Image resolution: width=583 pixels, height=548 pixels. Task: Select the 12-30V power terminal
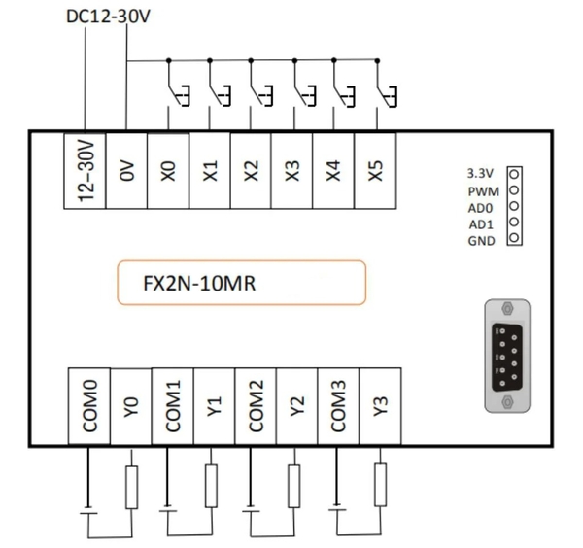click(85, 169)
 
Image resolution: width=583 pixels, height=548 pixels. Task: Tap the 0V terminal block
click(126, 169)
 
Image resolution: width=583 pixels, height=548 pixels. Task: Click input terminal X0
click(168, 169)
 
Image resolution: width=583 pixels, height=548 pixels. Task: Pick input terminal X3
click(292, 169)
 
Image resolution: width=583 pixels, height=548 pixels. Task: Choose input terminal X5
click(377, 169)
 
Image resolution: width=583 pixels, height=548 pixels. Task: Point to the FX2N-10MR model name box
click(241, 283)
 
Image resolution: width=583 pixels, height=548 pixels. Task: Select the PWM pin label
click(481, 190)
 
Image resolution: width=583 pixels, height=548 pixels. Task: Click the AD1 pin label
click(481, 223)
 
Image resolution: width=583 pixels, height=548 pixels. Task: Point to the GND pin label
click(481, 239)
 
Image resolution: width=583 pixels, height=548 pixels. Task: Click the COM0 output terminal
click(89, 406)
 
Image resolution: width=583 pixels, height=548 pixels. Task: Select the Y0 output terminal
click(131, 406)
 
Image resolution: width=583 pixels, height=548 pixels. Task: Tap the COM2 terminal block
click(255, 406)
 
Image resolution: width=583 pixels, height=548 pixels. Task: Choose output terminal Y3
click(380, 406)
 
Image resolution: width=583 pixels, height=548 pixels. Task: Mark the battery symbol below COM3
click(336, 508)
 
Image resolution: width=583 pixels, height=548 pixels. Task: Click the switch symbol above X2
click(257, 94)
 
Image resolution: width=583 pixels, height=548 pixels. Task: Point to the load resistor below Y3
click(380, 485)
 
